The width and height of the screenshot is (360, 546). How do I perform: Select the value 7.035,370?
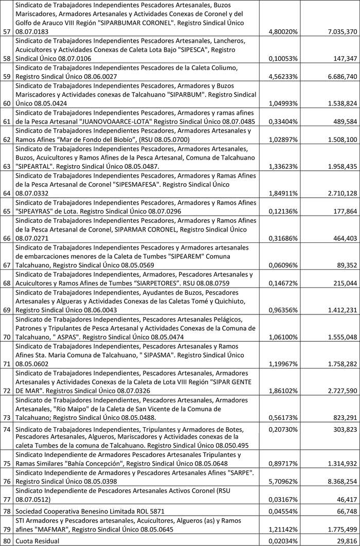tap(338, 31)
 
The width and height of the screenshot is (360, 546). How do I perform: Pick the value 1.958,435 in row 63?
tap(338, 166)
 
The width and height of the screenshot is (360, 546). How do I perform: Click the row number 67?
tap(7, 265)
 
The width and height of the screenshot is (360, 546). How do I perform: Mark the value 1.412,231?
tap(338, 310)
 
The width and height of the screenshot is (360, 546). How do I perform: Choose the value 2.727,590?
tap(338, 391)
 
